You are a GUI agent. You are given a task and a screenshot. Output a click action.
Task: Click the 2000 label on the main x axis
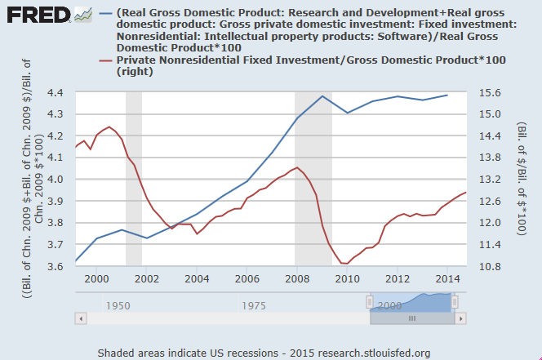(x=96, y=279)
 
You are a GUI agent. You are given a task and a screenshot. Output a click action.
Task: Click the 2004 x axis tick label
(x=197, y=279)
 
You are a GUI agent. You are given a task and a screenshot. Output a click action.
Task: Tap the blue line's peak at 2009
(x=322, y=96)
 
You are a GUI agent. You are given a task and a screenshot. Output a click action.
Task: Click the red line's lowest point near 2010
(x=343, y=263)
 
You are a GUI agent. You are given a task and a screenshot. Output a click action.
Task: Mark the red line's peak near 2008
(x=297, y=167)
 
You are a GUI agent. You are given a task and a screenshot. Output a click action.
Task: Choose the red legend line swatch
(x=104, y=61)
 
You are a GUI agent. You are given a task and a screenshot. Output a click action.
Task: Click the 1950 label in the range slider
(x=118, y=304)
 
